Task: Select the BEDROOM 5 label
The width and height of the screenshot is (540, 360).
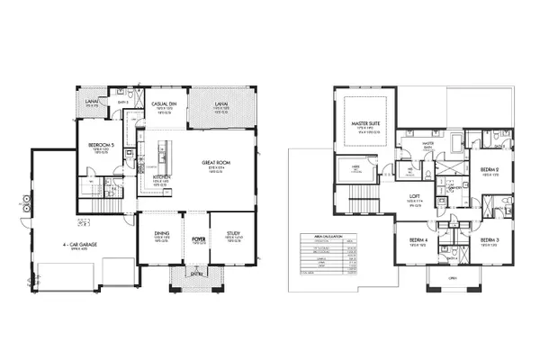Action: point(101,144)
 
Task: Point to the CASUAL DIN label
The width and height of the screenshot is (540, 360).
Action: point(163,104)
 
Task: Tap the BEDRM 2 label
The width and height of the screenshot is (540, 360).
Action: point(489,169)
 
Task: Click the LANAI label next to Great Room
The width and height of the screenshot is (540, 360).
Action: point(220,104)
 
